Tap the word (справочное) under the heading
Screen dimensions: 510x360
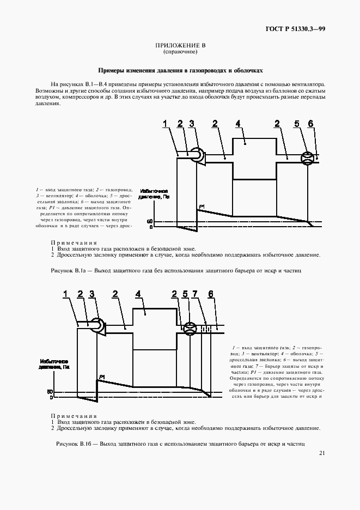180,52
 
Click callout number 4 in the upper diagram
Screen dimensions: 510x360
238,124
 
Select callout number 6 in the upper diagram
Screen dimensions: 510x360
310,124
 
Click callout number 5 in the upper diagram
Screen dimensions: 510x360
297,124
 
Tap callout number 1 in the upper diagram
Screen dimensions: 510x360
165,124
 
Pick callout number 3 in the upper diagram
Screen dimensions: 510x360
192,124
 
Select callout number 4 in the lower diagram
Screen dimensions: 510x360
138,294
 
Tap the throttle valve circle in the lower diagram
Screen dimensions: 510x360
190,328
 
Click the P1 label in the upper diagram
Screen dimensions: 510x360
202,205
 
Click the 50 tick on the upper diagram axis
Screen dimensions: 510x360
151,221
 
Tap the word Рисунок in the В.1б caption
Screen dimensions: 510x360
69,444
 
